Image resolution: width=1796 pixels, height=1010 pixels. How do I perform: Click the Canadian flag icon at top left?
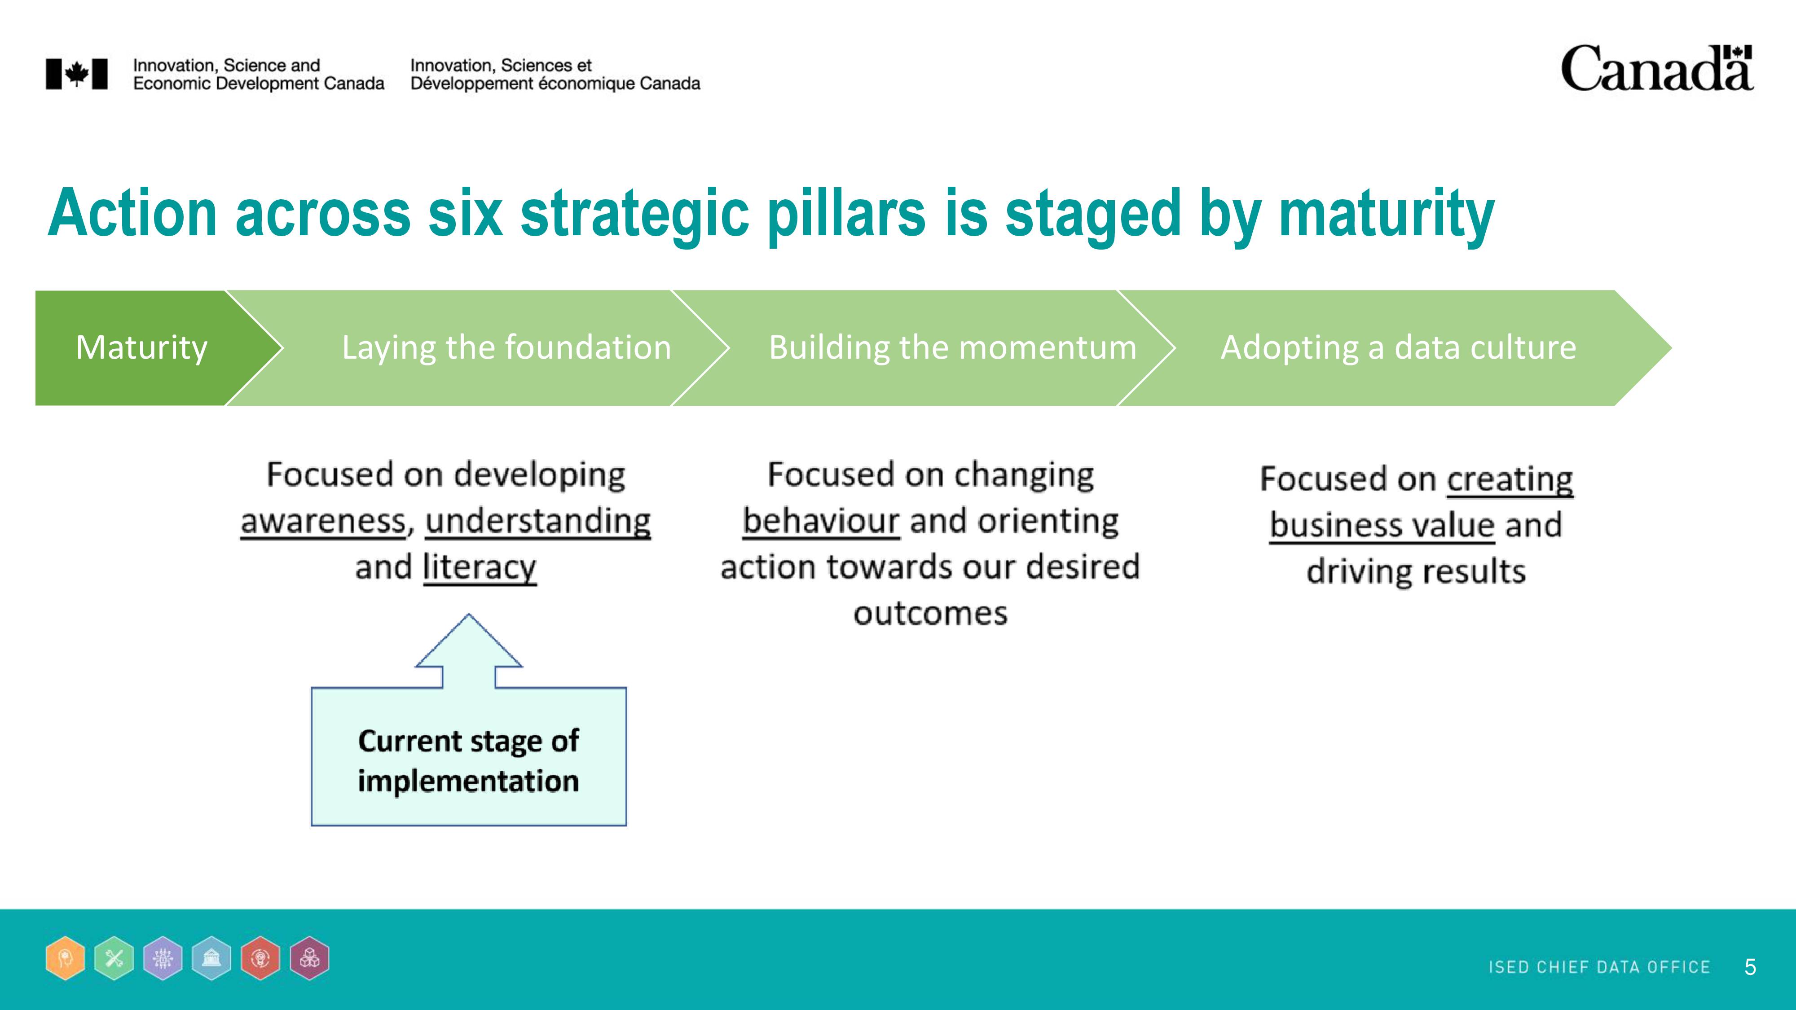coord(77,74)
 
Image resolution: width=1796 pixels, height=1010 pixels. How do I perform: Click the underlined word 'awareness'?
coord(323,521)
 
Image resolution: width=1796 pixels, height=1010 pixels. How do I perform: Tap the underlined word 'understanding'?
coord(538,521)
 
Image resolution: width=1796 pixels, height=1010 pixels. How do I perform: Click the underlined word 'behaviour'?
coord(821,521)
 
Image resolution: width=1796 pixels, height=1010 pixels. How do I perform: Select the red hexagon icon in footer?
coord(260,958)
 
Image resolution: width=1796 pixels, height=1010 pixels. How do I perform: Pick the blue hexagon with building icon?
coord(211,958)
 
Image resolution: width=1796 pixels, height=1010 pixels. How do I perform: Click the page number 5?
coord(1750,967)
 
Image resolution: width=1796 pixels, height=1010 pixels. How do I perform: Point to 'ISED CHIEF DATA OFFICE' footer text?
coord(1599,967)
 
